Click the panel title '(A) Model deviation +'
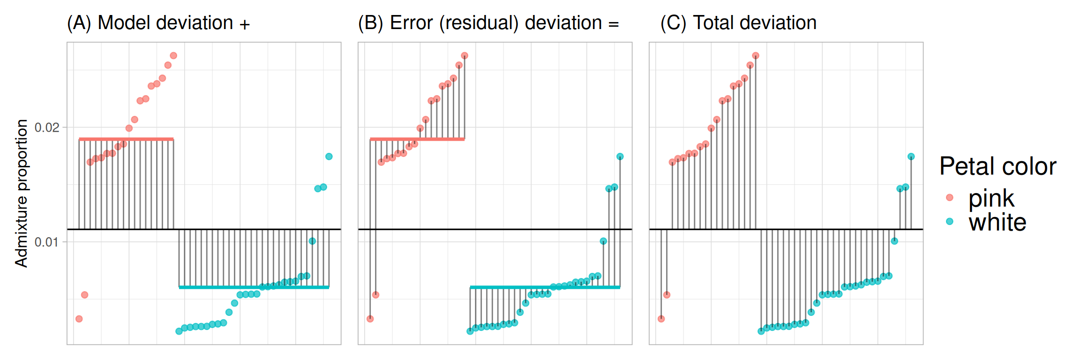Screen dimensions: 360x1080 click(x=158, y=23)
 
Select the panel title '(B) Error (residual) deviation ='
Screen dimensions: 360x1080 click(x=488, y=23)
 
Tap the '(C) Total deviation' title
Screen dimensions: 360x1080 click(x=738, y=23)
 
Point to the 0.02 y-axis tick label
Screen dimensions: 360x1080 click(x=47, y=127)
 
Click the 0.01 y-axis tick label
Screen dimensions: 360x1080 click(x=47, y=242)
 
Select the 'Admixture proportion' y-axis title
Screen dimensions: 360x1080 click(x=22, y=193)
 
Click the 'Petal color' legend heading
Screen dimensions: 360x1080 click(x=997, y=166)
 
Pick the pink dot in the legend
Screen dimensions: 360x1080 click(x=950, y=197)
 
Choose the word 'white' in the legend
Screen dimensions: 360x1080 click(x=997, y=222)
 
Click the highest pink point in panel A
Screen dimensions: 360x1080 click(x=173, y=56)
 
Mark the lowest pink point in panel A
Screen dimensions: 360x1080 click(x=79, y=319)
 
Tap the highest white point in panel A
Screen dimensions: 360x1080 click(x=329, y=157)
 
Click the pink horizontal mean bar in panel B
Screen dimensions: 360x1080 click(x=417, y=139)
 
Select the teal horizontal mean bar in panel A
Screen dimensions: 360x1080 click(x=254, y=287)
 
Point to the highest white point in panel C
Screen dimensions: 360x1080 click(x=911, y=157)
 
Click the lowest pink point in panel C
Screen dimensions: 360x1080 click(x=661, y=319)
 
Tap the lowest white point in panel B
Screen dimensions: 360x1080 click(x=470, y=331)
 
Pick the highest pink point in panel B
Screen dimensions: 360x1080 click(x=465, y=56)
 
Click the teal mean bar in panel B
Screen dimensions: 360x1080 click(x=545, y=287)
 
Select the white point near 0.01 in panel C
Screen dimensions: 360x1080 click(x=894, y=241)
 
